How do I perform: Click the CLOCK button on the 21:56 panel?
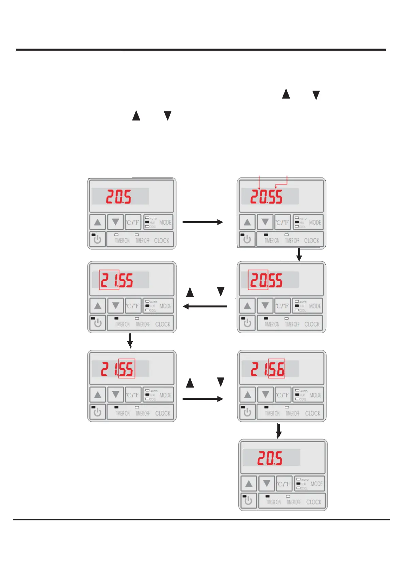[x=312, y=413]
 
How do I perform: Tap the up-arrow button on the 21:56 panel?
[x=247, y=395]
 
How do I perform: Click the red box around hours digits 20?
[x=258, y=280]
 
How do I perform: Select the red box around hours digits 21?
[x=109, y=280]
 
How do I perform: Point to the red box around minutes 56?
[x=276, y=369]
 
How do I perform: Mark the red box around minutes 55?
[x=127, y=369]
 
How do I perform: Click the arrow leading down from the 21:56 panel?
[x=278, y=431]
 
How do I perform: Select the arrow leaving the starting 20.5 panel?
[x=202, y=222]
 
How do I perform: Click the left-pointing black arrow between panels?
[x=205, y=306]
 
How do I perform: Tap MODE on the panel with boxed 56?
[x=315, y=395]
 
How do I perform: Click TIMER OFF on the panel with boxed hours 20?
[x=292, y=324]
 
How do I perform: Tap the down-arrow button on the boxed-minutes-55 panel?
[x=116, y=395]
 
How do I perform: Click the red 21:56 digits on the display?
[x=268, y=369]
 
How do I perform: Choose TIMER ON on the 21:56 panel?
[x=272, y=413]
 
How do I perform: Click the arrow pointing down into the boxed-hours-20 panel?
[x=299, y=255]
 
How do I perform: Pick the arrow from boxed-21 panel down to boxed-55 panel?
[x=130, y=341]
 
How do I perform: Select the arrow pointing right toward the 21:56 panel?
[x=202, y=399]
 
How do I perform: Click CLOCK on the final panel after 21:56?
[x=313, y=502]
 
